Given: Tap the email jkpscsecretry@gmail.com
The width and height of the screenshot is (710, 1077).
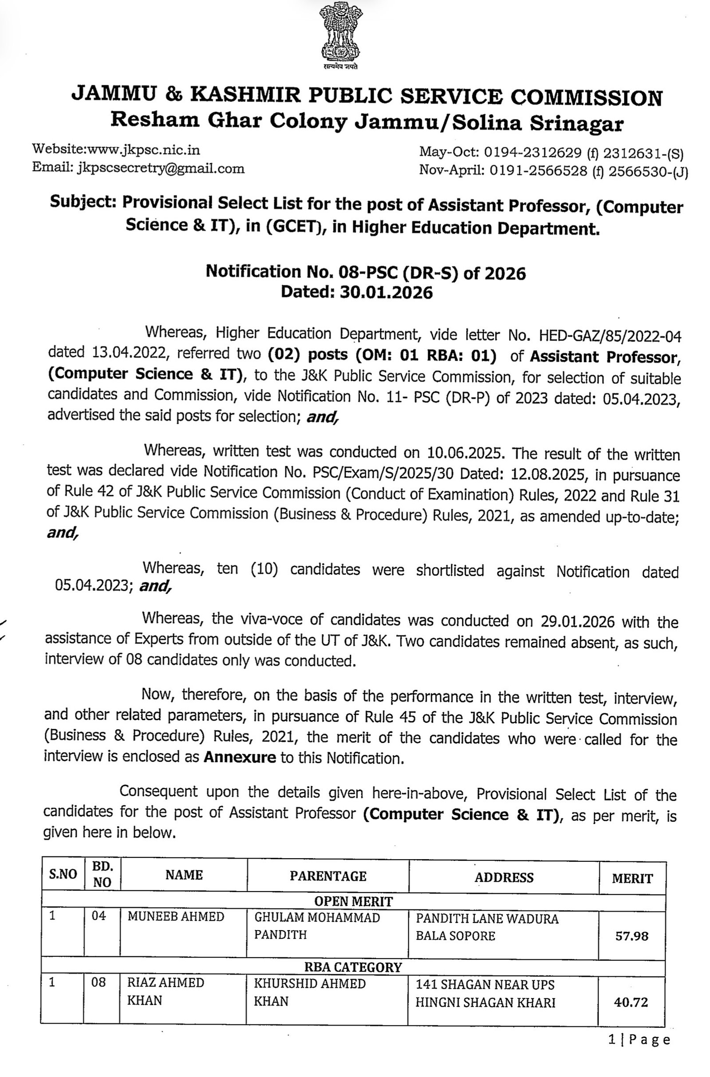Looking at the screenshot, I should (x=161, y=169).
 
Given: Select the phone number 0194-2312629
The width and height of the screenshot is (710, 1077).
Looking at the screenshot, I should (x=532, y=153).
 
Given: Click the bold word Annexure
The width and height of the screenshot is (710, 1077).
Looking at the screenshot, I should (x=240, y=757).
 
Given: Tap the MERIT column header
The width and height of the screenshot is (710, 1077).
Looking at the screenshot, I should (x=632, y=879).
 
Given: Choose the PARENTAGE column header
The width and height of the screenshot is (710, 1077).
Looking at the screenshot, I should (x=328, y=876).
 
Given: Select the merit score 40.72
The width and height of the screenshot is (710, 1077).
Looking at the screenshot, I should (x=631, y=1002).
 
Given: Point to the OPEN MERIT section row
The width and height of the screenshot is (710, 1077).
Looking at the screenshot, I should (x=353, y=901).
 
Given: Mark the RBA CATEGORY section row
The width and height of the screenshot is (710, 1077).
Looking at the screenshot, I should (x=353, y=967).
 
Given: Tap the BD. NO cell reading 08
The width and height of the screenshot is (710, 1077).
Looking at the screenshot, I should (x=99, y=982).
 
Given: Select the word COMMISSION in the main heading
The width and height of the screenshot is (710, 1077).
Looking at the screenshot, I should (x=586, y=97).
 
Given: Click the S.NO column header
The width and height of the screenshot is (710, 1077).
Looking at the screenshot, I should (x=63, y=874).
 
